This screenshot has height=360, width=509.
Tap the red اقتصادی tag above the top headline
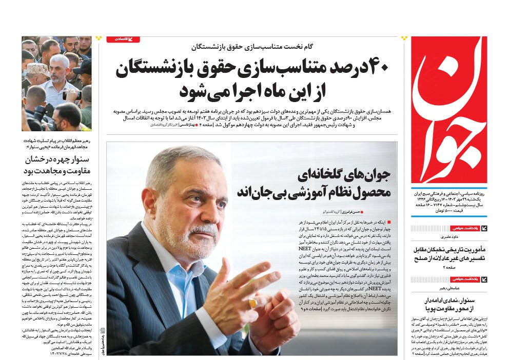pyautogui.click(x=123, y=39)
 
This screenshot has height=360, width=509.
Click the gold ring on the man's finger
pyautogui.click(x=253, y=304)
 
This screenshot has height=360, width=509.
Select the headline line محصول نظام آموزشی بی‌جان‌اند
pyautogui.click(x=314, y=193)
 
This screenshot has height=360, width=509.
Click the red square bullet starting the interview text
pyautogui.click(x=388, y=222)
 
